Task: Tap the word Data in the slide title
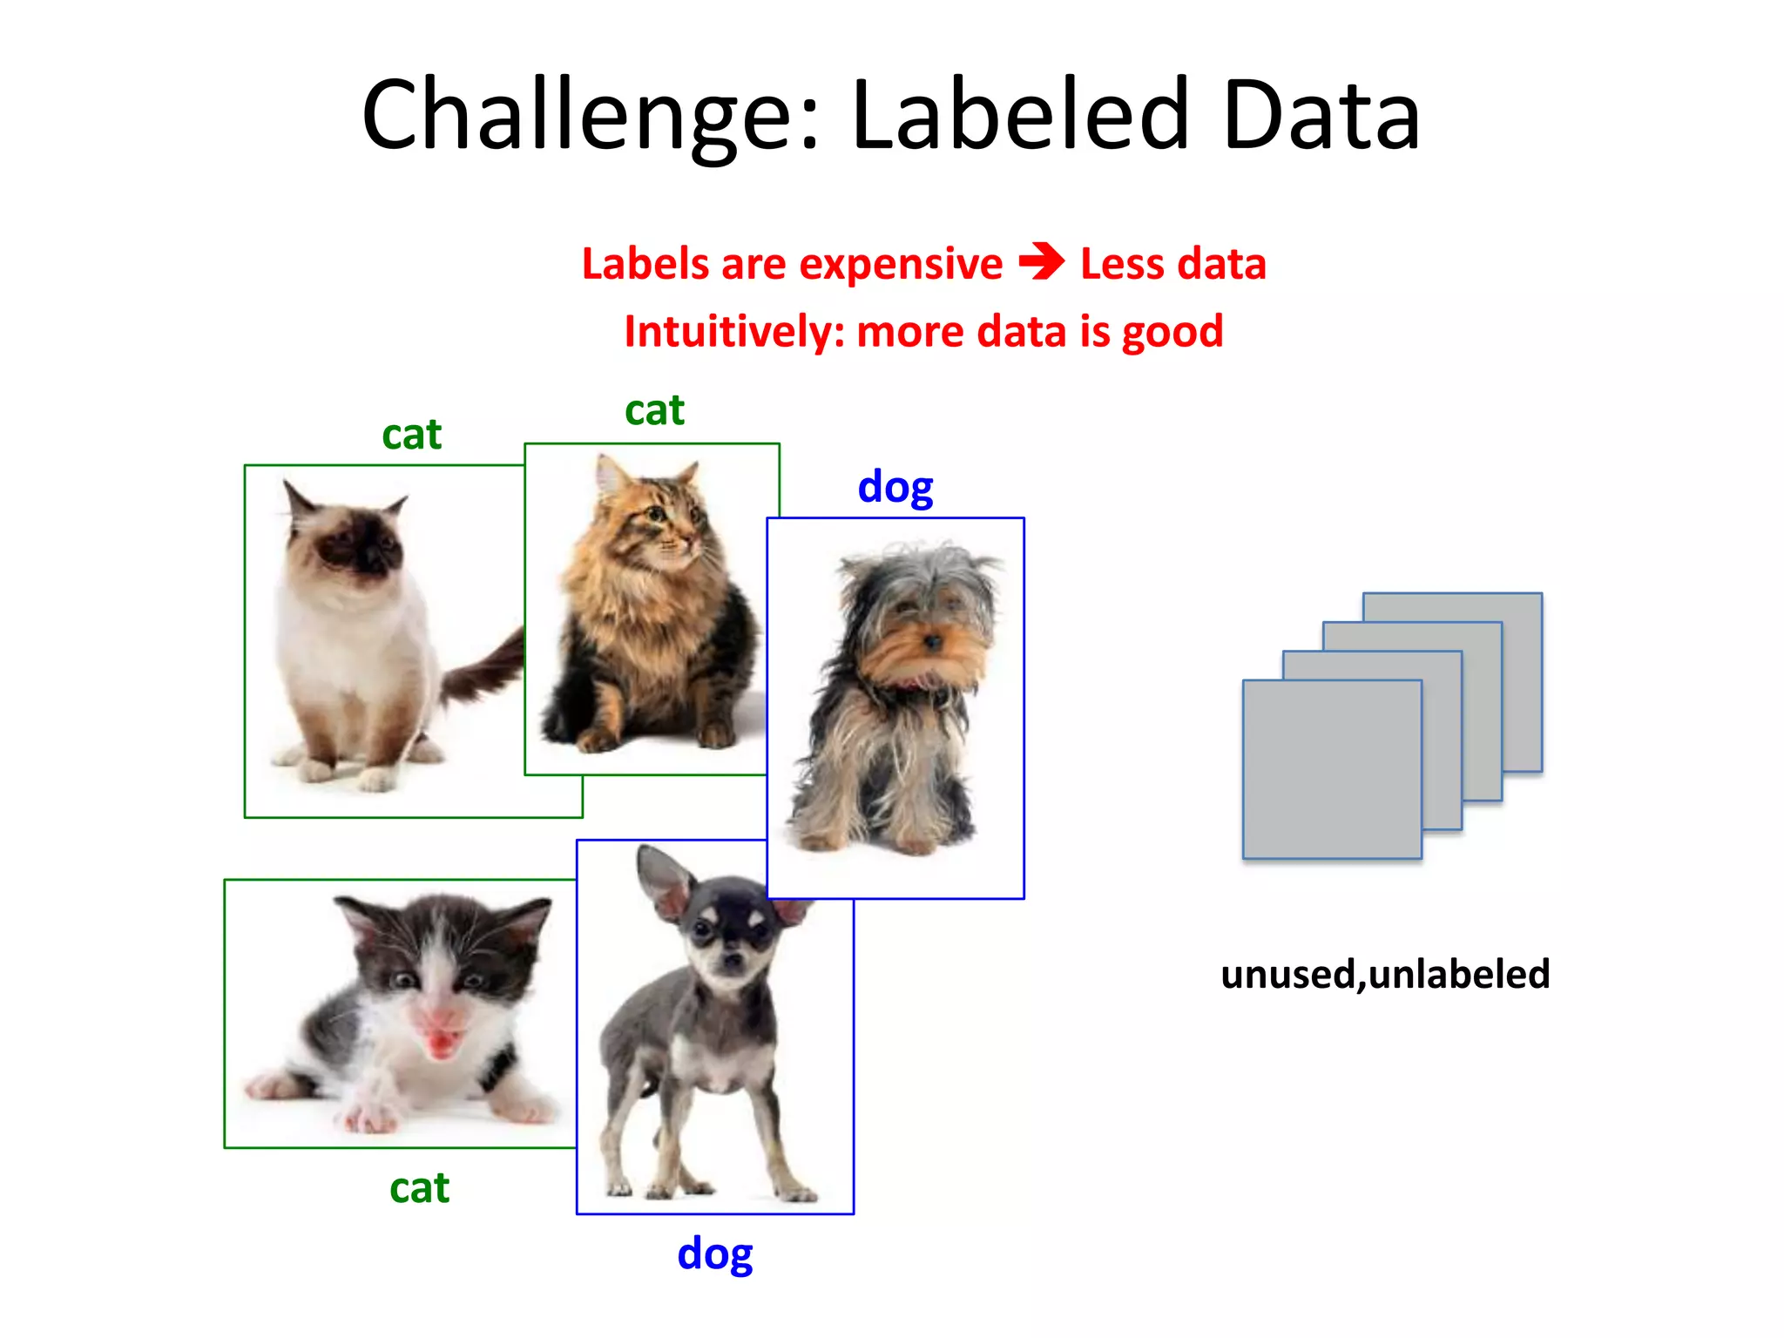coord(1321,116)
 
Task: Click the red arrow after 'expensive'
coord(1041,261)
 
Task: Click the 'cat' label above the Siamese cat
coord(411,434)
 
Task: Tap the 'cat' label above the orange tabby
coord(654,409)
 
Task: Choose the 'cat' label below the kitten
coord(419,1187)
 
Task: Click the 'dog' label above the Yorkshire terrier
coord(895,487)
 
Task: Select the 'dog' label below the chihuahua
coord(714,1254)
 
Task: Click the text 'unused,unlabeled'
coord(1385,974)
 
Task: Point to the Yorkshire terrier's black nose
coord(933,642)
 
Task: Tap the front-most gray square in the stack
coord(1331,768)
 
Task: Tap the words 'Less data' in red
coord(1172,264)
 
